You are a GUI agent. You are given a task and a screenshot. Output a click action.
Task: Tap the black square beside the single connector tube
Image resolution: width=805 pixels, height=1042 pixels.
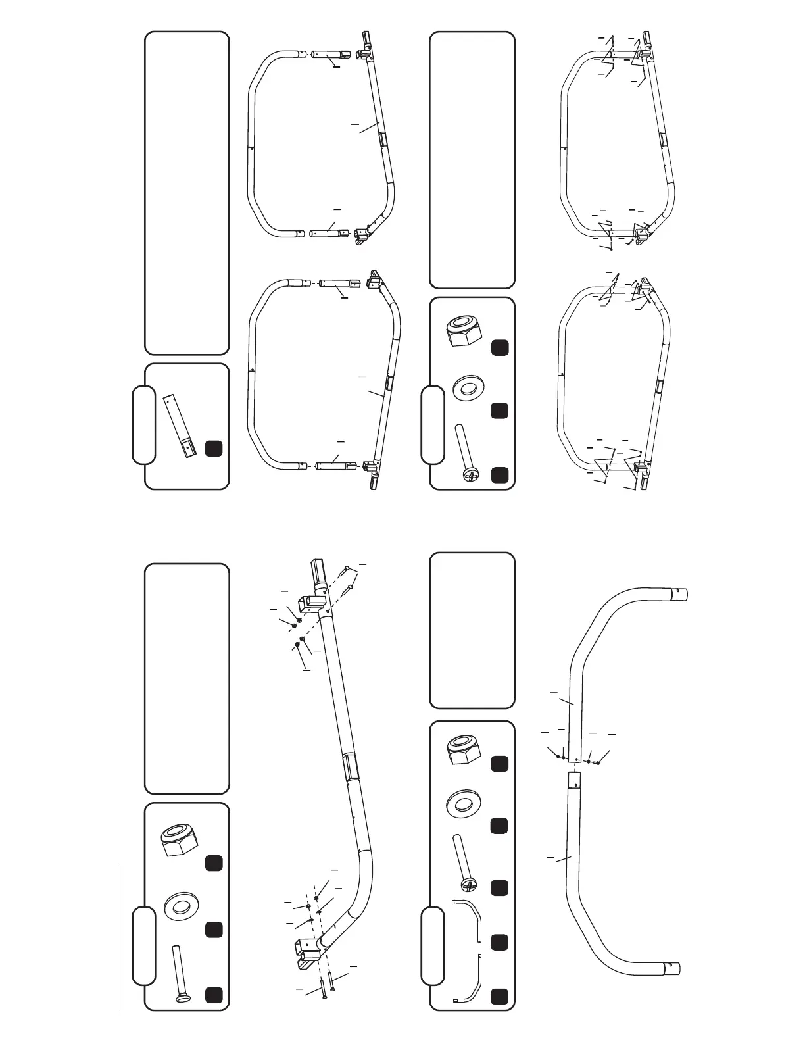click(213, 449)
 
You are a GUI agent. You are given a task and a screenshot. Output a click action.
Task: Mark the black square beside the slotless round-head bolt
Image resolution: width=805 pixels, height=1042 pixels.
click(213, 995)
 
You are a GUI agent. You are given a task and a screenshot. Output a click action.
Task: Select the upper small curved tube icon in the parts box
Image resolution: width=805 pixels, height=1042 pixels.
click(468, 918)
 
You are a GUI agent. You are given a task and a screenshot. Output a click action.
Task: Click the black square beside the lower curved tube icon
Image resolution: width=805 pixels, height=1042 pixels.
click(499, 996)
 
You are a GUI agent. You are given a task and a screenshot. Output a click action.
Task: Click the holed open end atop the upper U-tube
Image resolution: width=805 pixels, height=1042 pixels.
click(680, 594)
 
